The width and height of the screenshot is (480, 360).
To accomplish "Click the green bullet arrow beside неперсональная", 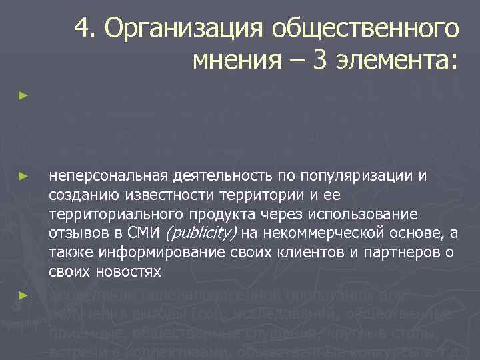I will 23,176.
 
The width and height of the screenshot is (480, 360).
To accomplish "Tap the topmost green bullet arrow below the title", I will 23,96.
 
